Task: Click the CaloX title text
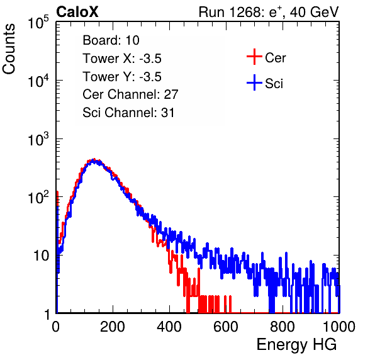77,12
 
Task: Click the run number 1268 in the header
244,12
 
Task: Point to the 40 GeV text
314,12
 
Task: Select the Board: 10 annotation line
111,40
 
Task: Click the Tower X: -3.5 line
122,59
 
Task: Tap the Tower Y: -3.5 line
122,77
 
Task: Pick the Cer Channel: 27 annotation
130,94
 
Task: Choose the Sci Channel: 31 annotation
128,113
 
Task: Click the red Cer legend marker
254,57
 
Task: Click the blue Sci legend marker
254,83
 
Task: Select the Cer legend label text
275,58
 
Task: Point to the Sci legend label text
274,84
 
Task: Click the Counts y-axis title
9,49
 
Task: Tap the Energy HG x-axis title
296,345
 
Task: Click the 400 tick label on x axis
169,327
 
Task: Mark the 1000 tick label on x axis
339,327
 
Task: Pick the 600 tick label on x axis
226,327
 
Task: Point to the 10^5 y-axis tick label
38,23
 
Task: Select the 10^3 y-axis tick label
38,139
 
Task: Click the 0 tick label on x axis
56,327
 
